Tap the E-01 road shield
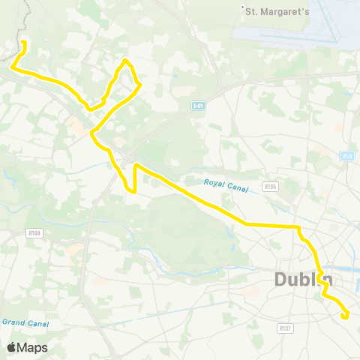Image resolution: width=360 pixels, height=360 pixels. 197,106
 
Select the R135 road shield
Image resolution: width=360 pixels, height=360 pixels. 270,185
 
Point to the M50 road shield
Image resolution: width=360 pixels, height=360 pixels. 346,156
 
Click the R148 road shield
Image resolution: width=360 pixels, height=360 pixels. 34,233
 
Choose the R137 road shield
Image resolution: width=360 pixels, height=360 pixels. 284,328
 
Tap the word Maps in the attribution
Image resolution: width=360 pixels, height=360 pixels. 34,347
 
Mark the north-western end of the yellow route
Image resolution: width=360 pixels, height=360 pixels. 24,42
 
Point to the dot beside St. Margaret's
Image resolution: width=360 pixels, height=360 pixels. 243,10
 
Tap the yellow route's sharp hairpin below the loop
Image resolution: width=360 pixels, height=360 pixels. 134,166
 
